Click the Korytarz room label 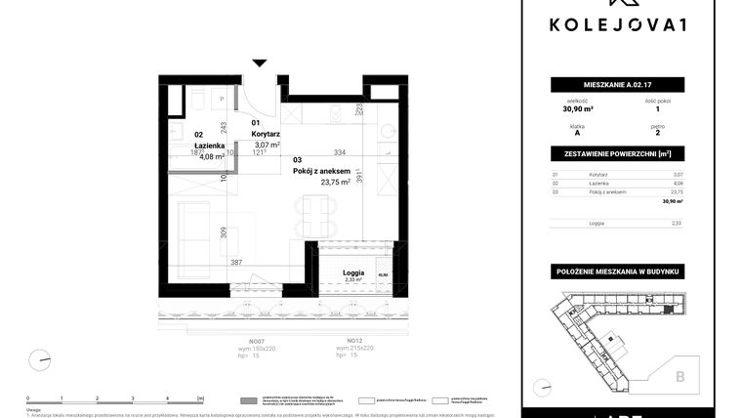[x=266, y=134]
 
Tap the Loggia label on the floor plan [x=353, y=272]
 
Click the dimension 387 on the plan [x=235, y=263]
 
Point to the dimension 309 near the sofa [x=224, y=232]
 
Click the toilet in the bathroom [x=196, y=102]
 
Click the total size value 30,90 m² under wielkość [x=575, y=109]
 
